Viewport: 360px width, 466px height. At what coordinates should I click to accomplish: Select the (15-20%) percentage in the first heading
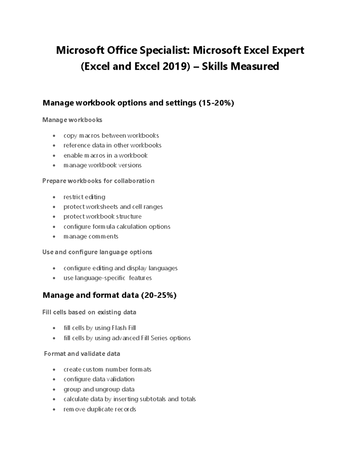216,103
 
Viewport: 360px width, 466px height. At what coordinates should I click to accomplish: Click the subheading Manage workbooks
72,120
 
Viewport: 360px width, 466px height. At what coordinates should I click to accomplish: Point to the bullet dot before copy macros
54,136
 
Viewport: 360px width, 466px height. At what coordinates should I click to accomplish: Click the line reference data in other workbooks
112,146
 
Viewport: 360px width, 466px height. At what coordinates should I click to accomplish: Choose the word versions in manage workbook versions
130,165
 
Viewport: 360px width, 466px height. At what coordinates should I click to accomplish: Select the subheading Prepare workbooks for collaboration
98,181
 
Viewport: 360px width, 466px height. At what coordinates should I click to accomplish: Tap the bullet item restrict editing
84,197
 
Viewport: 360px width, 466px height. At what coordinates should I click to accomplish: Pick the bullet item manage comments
91,236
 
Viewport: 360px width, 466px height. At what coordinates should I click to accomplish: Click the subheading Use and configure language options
97,252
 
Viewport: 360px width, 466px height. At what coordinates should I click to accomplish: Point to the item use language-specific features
107,278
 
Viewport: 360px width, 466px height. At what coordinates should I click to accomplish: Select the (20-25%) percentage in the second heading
158,295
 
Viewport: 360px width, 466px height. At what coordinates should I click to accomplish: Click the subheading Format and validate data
82,354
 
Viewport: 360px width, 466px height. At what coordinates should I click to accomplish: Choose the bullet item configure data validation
99,379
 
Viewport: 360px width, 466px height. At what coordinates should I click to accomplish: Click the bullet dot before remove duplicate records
54,410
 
